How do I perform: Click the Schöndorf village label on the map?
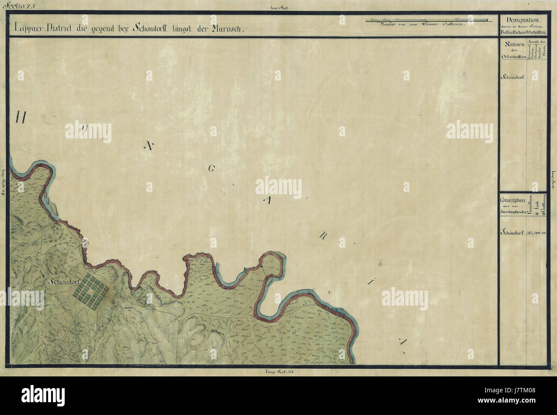tap(66, 283)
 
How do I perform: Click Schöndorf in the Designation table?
tap(513, 78)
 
